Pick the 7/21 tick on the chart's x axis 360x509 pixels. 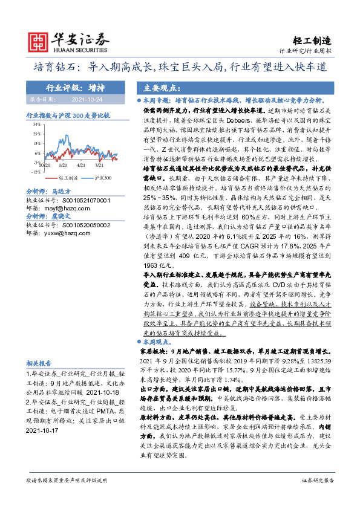click(100, 164)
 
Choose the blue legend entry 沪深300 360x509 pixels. click(102, 179)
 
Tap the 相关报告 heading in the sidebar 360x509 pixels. click(41, 363)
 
